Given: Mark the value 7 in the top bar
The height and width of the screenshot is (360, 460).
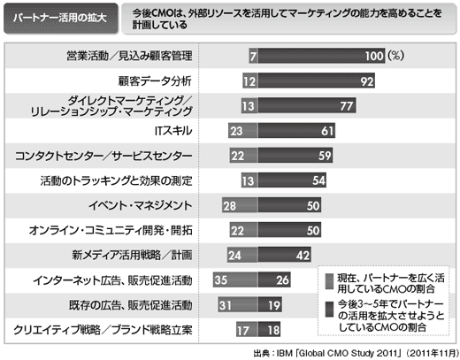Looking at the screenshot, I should [253, 56].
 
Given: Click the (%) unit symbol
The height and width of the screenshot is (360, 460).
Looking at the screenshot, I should [395, 56].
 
